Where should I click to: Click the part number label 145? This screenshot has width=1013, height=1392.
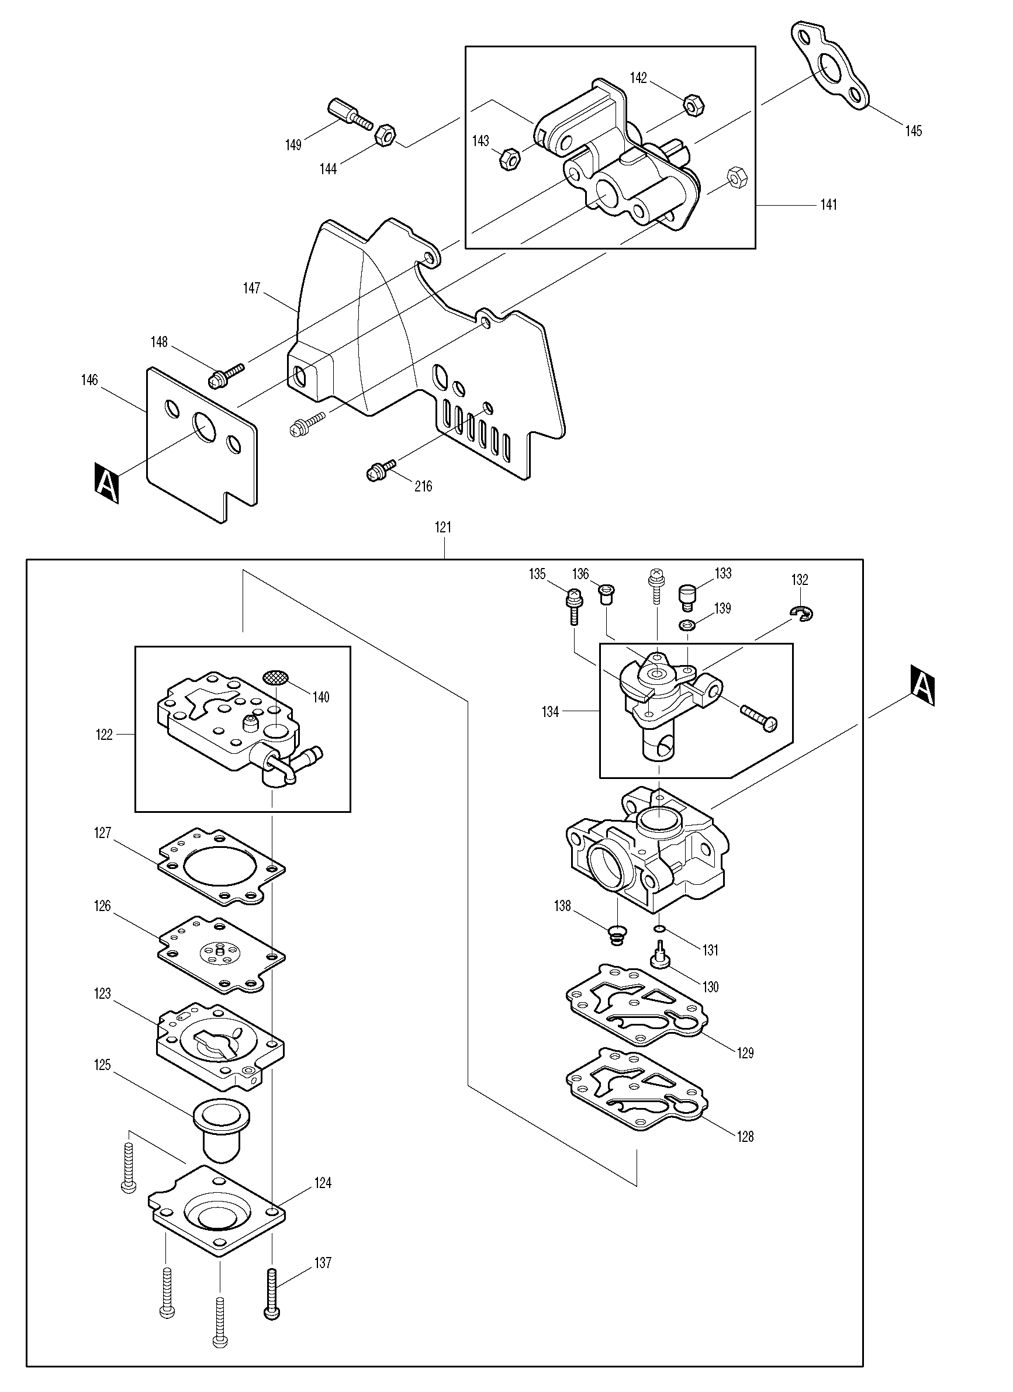[x=913, y=131]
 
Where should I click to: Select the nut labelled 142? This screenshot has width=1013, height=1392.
[x=693, y=106]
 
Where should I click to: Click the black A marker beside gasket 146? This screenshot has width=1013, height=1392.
[x=107, y=483]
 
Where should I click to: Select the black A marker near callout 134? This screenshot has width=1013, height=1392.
[x=923, y=685]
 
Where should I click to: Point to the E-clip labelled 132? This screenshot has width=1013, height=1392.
[x=801, y=612]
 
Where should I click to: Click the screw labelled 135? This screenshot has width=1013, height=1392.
[x=573, y=605]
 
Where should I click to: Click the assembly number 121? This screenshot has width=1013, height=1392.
[x=442, y=527]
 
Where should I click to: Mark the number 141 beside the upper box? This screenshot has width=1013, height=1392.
[x=829, y=205]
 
